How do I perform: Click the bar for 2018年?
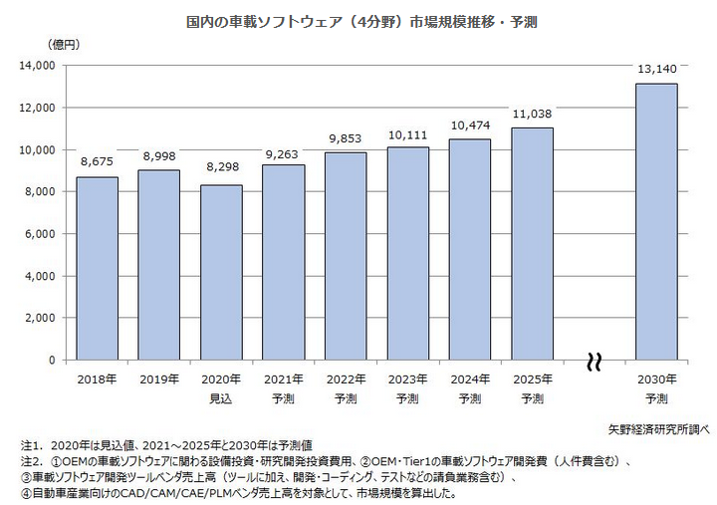point(97,268)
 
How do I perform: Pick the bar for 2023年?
point(407,253)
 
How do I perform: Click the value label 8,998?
point(158,155)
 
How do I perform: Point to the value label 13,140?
point(656,69)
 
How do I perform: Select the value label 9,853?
point(346,137)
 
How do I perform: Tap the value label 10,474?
point(470,125)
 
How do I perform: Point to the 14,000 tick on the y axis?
point(37,66)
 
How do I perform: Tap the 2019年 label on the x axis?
point(159,379)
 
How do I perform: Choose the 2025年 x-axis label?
point(532,379)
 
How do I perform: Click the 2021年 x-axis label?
point(284,379)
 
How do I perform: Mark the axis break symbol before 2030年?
point(595,361)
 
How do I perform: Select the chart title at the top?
point(361,20)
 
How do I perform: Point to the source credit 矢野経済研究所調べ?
point(659,429)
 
